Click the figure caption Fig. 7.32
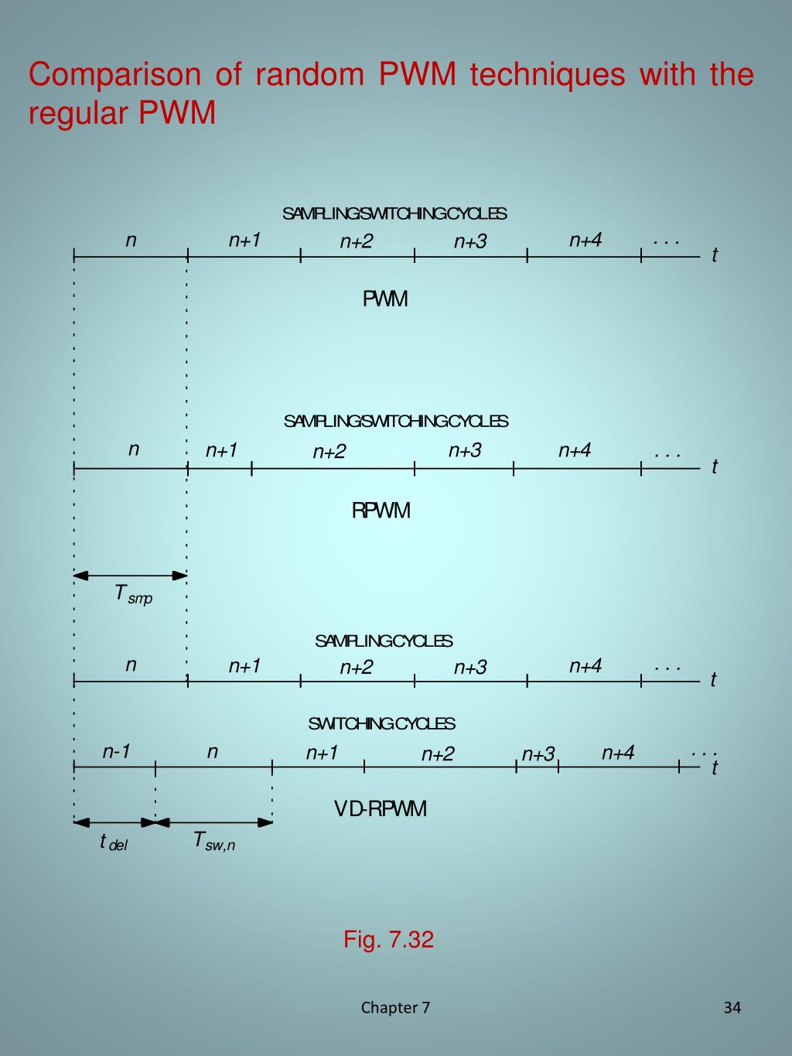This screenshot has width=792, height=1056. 388,939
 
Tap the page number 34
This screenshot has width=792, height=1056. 732,1007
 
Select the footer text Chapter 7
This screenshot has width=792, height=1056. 395,1007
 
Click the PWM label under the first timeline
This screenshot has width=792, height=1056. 385,299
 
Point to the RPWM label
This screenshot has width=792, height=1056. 381,511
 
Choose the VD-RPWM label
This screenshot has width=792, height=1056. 381,809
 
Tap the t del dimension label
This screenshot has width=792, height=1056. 113,842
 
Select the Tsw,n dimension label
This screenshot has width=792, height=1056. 213,841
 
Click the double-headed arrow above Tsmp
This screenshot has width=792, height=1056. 131,576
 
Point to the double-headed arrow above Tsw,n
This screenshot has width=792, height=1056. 214,822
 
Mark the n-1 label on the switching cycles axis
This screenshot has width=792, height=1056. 116,752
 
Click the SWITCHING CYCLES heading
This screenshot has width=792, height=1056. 381,724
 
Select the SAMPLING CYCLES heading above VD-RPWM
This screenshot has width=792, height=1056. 384,641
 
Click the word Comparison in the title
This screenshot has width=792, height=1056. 114,75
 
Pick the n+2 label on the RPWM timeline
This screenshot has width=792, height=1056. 329,452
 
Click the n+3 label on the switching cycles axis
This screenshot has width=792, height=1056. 538,754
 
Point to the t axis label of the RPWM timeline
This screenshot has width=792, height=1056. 715,466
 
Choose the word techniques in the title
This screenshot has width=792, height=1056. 547,75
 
